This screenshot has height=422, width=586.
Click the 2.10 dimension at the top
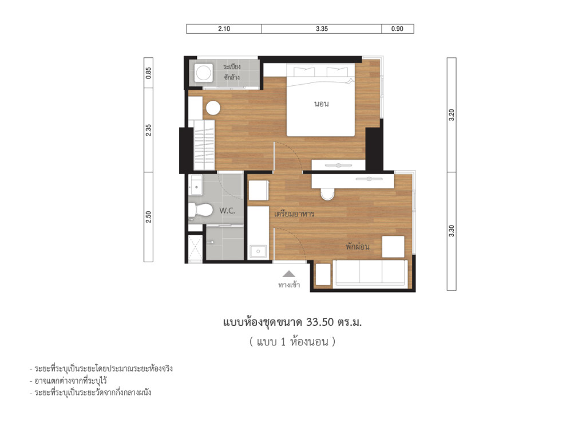click(224, 29)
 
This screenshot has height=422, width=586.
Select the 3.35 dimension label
click(321, 29)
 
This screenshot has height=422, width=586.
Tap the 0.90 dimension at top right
click(397, 29)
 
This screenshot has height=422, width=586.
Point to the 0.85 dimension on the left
click(148, 73)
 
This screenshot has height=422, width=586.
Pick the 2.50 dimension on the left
click(148, 216)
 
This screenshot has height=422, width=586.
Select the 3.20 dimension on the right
click(452, 115)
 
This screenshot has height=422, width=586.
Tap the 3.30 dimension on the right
click(452, 231)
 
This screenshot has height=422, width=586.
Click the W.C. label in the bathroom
click(227, 211)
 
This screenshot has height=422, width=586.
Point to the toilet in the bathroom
click(197, 210)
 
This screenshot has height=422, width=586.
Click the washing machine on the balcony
click(203, 73)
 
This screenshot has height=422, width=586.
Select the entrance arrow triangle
click(289, 274)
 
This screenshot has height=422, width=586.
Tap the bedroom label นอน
click(321, 104)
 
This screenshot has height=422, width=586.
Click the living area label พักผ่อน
click(357, 247)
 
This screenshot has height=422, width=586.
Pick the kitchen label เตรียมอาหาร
click(294, 214)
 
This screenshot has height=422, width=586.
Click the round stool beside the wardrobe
click(213, 108)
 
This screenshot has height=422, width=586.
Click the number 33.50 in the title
click(320, 322)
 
